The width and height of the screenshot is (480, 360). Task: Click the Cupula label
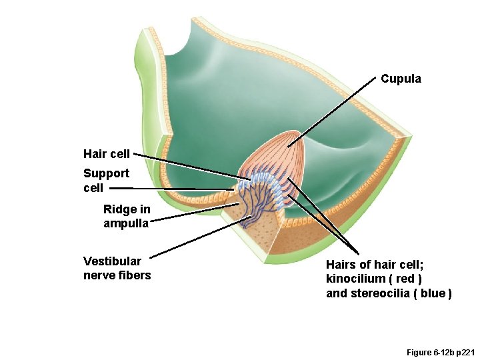401,79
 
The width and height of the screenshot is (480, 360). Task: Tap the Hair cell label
107,154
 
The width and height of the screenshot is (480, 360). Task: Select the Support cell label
106,181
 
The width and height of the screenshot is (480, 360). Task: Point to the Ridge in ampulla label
127,216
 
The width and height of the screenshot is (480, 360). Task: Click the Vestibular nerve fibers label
117,268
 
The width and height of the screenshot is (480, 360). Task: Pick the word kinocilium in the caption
355,279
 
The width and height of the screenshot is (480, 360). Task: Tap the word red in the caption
413,279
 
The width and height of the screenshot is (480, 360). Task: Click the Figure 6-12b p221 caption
440,351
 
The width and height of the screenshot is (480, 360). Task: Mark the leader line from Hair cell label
187,165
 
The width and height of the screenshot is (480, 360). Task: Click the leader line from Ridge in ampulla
193,211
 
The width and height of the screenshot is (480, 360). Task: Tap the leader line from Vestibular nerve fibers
200,237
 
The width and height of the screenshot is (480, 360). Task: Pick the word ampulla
127,223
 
